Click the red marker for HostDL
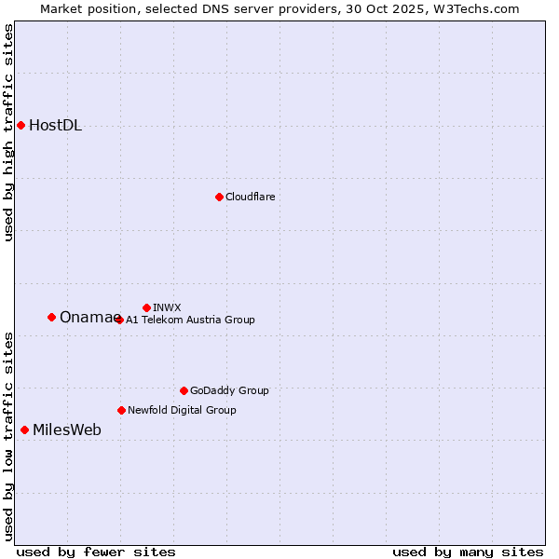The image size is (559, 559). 20,125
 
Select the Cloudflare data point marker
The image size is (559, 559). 219,197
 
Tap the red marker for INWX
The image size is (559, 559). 146,307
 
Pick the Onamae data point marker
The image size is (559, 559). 51,317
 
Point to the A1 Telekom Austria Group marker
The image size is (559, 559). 119,320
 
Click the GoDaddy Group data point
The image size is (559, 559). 184,390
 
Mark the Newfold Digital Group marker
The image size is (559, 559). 121,410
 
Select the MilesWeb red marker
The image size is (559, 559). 24,429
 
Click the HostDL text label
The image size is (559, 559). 55,126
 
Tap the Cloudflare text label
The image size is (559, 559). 250,197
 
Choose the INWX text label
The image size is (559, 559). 167,307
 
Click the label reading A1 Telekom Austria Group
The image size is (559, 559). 190,320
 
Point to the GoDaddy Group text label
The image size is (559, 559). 229,390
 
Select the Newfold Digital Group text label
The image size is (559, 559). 182,410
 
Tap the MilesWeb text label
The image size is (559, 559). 67,429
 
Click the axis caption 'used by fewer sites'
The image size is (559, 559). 96,552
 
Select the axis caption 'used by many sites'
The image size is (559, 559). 468,552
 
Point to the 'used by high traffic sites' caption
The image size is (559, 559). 9,132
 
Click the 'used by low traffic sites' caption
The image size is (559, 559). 9,436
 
